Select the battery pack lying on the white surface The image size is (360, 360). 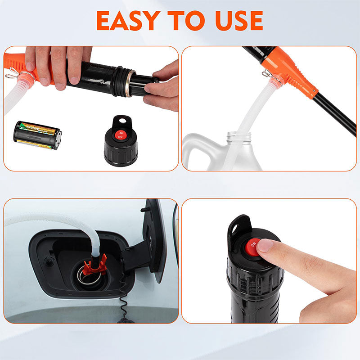[37, 135]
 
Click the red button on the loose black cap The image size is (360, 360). [120, 135]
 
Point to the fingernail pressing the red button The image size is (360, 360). [265, 245]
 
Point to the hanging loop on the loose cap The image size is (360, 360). [121, 121]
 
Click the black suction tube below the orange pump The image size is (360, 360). [333, 112]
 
